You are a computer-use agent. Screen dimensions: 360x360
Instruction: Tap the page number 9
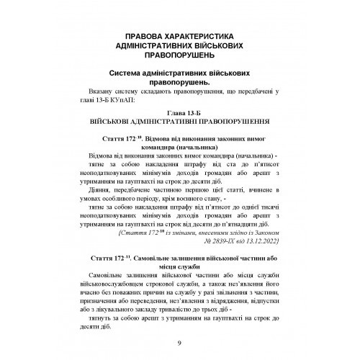click(179, 344)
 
